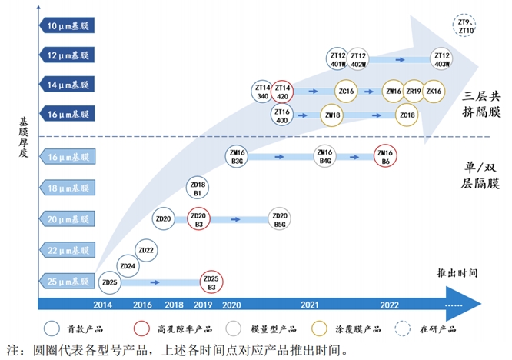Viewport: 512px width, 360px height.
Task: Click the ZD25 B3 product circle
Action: tap(211, 282)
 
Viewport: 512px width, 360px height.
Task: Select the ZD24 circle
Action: tap(128, 266)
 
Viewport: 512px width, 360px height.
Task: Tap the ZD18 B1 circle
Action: tap(198, 188)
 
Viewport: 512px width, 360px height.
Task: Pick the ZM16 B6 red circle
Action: tap(384, 156)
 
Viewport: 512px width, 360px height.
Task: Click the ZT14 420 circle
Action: tap(282, 92)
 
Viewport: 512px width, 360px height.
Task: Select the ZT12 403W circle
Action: tap(441, 59)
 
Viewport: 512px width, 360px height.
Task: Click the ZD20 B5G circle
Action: tap(280, 219)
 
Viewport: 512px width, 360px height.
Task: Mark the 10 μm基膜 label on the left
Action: tap(68, 25)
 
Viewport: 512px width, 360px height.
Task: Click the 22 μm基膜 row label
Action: tap(68, 251)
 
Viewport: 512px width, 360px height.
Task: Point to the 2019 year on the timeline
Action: tap(204, 305)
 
